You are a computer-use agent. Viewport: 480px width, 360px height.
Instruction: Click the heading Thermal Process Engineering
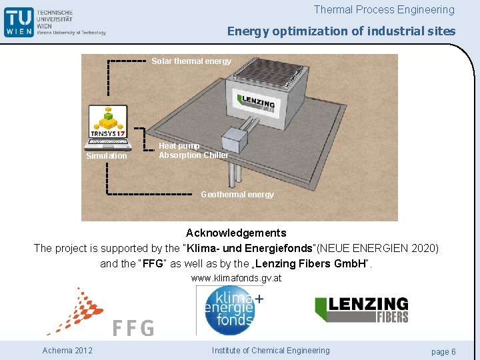(384, 9)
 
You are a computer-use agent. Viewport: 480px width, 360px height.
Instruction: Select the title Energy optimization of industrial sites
(341, 31)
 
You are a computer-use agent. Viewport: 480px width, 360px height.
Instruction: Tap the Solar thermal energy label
(191, 61)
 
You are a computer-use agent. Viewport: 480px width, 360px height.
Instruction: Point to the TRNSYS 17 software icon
(108, 123)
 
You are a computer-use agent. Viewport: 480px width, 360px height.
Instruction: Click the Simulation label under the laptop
(106, 156)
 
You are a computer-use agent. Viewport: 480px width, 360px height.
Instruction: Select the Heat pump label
(179, 146)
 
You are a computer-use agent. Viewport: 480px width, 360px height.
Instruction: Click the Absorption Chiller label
(193, 155)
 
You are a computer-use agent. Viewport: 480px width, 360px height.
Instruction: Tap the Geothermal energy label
(237, 195)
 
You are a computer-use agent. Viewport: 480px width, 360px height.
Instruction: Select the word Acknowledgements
(236, 233)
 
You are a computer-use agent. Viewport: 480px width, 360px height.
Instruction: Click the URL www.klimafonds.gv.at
(236, 278)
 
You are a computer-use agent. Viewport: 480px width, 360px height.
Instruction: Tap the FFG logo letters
(133, 328)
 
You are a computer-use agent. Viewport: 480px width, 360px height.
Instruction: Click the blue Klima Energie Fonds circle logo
(230, 311)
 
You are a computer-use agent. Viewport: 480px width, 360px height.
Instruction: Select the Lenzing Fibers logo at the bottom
(361, 310)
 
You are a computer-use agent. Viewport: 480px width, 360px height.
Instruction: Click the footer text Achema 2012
(67, 351)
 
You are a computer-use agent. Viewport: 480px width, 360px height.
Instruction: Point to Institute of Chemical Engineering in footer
(271, 351)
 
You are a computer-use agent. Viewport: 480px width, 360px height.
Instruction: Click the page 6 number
(443, 351)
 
